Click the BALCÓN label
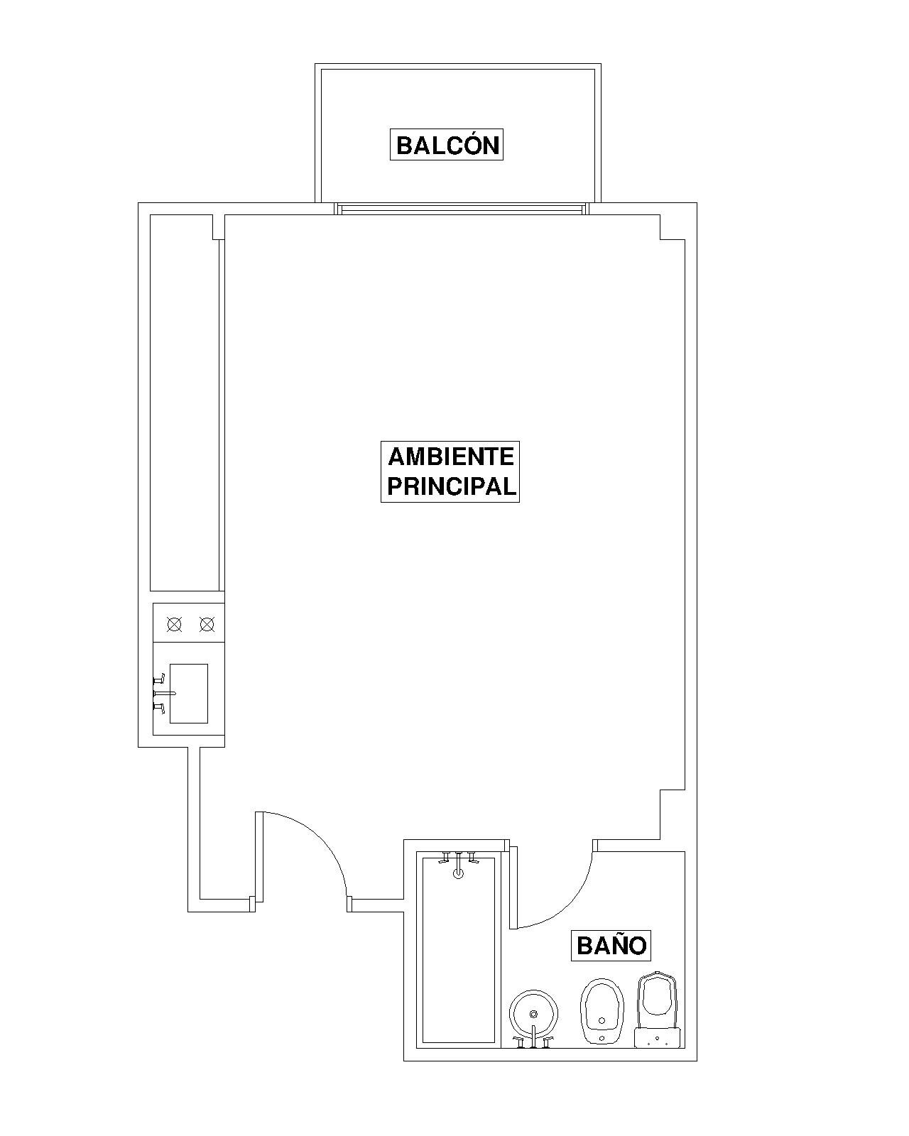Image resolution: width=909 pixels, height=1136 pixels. tap(447, 145)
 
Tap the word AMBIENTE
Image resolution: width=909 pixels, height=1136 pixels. tap(450, 457)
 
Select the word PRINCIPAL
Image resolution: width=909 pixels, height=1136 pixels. tap(450, 486)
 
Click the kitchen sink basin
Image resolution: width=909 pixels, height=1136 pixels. tap(189, 693)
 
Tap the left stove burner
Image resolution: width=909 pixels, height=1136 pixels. tap(174, 625)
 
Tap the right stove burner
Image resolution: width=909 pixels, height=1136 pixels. tap(207, 625)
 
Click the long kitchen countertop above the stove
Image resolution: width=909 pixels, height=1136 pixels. tap(185, 403)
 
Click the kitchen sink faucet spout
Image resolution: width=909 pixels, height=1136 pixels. tap(165, 693)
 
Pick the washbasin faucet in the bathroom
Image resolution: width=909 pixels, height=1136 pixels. tap(533, 1037)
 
